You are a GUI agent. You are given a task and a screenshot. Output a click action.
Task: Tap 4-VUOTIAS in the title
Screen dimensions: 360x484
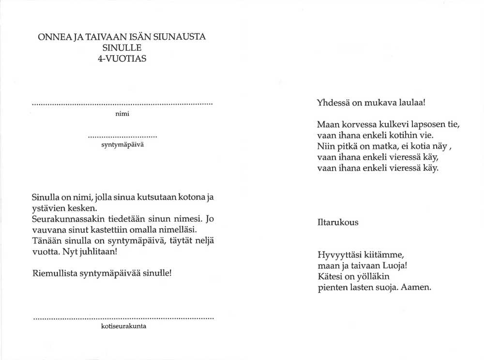tap(121, 59)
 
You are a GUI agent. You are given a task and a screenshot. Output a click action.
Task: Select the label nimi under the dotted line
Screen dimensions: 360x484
tap(121, 114)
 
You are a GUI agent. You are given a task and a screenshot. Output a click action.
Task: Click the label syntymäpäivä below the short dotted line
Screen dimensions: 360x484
tap(121, 145)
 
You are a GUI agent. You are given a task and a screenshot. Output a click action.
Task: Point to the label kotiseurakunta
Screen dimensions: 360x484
tap(123, 326)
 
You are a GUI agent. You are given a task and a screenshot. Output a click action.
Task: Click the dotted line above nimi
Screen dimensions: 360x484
tap(122, 105)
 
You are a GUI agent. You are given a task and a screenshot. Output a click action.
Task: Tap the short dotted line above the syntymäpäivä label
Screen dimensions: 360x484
tap(123, 136)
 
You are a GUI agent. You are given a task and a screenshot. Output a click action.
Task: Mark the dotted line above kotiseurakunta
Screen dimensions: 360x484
tap(123, 318)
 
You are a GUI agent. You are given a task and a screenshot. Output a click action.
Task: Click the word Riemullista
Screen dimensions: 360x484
tap(54, 273)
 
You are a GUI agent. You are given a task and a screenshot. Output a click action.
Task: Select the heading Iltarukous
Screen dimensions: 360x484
tap(337, 223)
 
